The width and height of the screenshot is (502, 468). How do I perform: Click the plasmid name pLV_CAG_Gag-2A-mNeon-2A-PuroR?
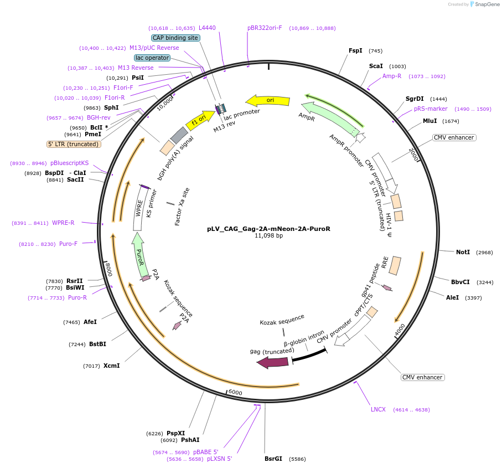coord(268,229)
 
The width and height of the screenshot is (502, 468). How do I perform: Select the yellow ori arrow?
coord(268,101)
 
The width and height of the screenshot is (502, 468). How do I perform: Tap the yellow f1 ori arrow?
coord(200,120)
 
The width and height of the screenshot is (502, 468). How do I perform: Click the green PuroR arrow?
coord(139,255)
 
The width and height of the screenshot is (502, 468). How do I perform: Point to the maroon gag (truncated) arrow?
coord(273,362)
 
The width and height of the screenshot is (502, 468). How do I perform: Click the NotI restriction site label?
coord(463,252)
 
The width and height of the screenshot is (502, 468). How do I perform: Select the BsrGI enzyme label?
coord(273,459)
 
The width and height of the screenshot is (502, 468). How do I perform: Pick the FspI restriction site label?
coord(355,50)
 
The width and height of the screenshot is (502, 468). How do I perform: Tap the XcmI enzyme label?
coord(111,366)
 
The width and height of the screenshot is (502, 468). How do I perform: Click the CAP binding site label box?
coord(175,38)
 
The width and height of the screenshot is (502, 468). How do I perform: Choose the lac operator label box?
coord(152,58)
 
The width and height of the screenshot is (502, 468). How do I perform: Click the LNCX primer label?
coord(378,409)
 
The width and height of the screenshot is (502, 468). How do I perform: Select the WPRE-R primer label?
coord(63,223)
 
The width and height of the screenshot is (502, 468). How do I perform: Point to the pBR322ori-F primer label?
coord(265,28)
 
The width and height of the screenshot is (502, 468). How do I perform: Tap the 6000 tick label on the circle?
coord(235,393)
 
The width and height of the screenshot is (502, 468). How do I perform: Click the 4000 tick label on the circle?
coord(400,330)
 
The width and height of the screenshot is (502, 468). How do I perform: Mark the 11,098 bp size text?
coord(268,236)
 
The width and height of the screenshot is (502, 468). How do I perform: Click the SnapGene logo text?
coord(487,4)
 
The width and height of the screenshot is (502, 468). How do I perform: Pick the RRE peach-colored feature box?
coord(395,265)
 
